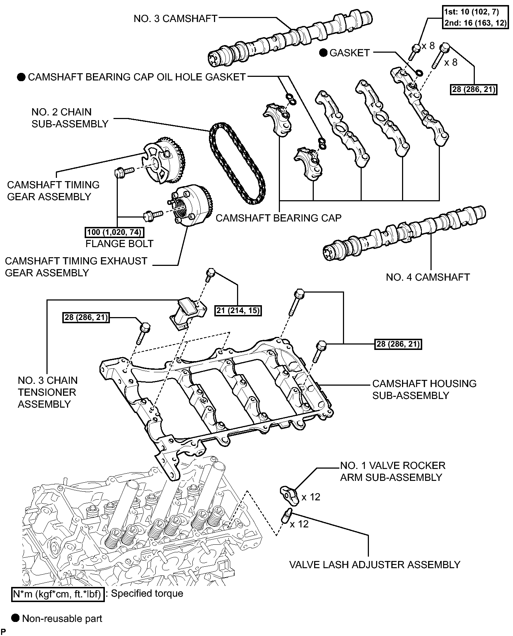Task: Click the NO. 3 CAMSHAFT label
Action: tap(175, 19)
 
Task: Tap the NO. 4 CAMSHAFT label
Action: tap(428, 277)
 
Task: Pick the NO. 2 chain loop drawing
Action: tap(236, 163)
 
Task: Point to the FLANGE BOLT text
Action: tap(119, 244)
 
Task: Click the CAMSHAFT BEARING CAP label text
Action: tap(278, 218)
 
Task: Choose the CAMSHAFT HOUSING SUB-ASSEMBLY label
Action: tap(424, 389)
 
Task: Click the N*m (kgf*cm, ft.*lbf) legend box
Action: tap(58, 594)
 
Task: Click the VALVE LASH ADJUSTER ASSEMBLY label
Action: tap(375, 565)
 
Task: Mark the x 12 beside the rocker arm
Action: tap(311, 497)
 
